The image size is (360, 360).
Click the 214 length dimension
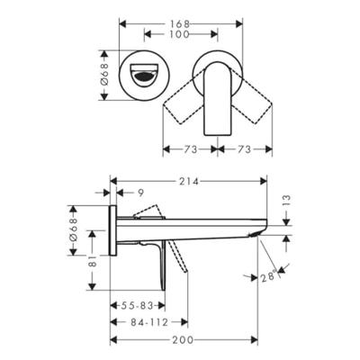click(189, 179)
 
